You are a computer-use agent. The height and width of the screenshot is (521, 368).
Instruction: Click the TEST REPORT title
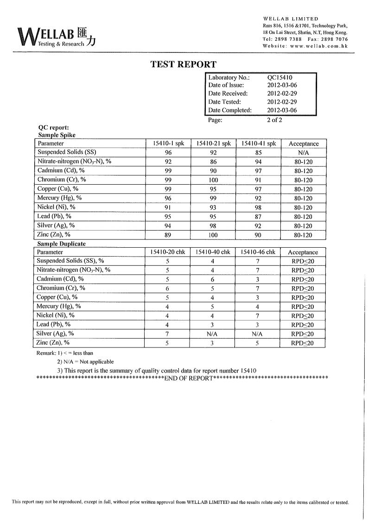(x=184, y=64)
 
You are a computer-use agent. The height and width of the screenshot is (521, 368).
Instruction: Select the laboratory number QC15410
(x=279, y=77)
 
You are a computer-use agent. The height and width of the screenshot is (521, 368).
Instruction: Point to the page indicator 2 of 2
(x=275, y=120)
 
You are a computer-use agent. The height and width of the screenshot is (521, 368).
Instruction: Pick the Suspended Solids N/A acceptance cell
(x=304, y=153)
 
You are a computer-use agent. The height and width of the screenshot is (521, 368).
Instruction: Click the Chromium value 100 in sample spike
(x=213, y=180)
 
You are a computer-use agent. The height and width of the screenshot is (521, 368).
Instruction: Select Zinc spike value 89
(x=168, y=235)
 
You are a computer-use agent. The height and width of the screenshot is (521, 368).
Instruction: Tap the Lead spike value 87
(x=258, y=217)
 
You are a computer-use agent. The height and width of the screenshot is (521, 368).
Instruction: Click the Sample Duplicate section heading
(x=62, y=244)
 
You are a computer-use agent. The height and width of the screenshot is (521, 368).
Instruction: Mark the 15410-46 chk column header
(x=258, y=252)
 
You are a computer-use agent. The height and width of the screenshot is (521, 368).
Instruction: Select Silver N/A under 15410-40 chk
(x=213, y=334)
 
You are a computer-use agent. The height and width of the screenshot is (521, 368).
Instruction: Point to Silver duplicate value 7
(x=167, y=334)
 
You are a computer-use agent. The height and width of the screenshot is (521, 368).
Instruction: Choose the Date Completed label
(x=230, y=110)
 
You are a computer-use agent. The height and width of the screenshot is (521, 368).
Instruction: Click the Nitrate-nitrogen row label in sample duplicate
(x=74, y=270)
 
